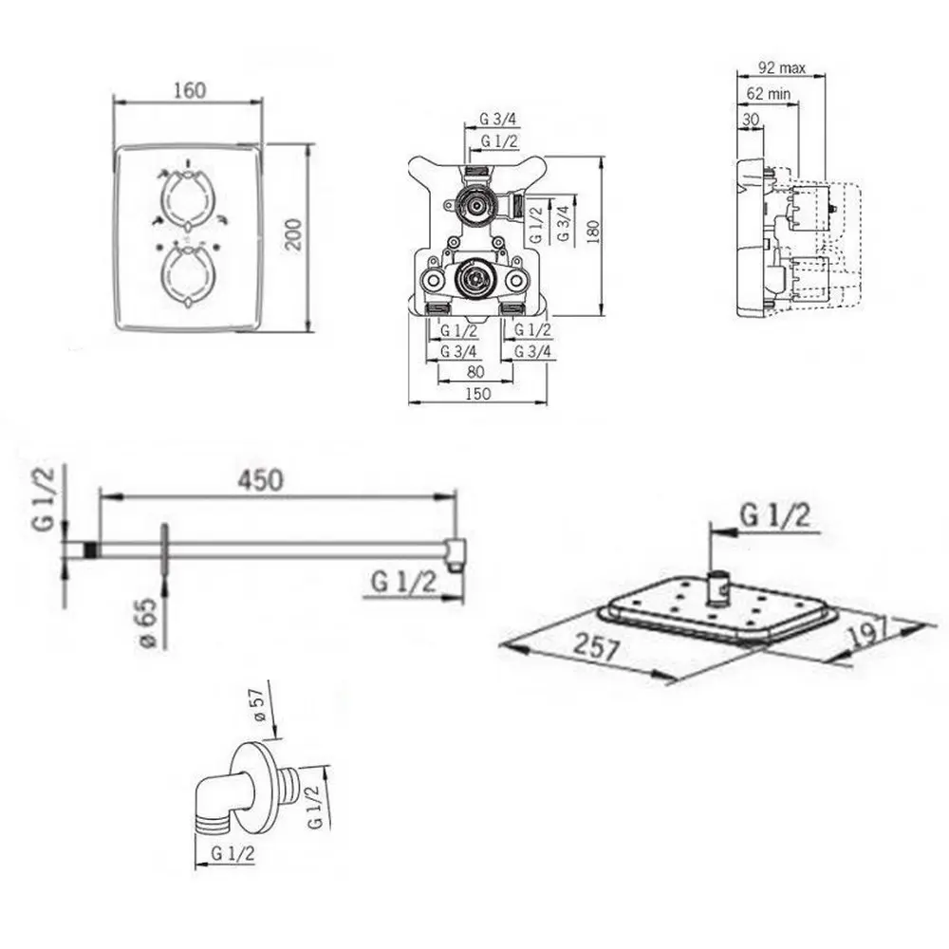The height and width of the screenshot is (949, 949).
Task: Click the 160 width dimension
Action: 190,91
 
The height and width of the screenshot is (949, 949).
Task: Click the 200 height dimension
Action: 293,235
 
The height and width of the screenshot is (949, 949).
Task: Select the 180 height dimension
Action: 592,232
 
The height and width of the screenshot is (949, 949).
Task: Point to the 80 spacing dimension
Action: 475,371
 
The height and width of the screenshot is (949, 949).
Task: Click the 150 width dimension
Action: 477,394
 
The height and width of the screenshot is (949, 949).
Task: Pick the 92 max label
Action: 782,67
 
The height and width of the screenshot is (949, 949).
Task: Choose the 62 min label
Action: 768,94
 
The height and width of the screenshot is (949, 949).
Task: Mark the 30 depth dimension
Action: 751,120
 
